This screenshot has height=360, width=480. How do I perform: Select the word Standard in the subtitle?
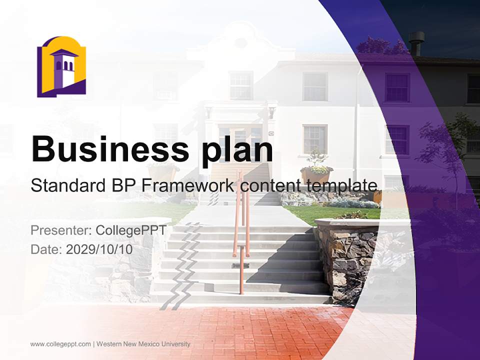(x=67, y=185)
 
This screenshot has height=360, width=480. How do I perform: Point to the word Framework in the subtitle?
(x=188, y=185)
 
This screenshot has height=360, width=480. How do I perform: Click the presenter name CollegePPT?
(x=130, y=230)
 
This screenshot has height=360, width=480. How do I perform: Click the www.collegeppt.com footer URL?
(x=60, y=344)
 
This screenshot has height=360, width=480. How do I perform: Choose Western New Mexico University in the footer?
(x=143, y=344)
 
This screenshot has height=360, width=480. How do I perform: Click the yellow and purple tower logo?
(x=61, y=66)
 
